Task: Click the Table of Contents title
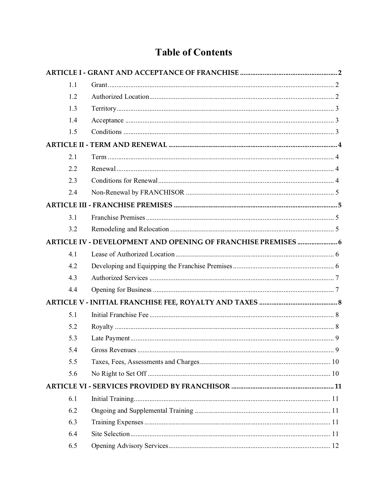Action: pyautogui.click(x=194, y=52)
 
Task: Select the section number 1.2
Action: pyautogui.click(x=73, y=97)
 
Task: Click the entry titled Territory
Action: pyautogui.click(x=104, y=108)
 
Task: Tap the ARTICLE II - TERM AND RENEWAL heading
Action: pyautogui.click(x=107, y=145)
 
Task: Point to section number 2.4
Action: pyautogui.click(x=73, y=192)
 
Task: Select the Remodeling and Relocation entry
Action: pyautogui.click(x=130, y=229)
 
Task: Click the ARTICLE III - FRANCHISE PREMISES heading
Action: pyautogui.click(x=109, y=205)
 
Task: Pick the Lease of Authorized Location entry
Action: pyautogui.click(x=133, y=254)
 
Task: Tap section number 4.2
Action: pyautogui.click(x=73, y=266)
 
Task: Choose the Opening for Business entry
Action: pyautogui.click(x=121, y=290)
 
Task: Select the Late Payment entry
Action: pyautogui.click(x=110, y=338)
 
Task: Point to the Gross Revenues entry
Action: pyautogui.click(x=114, y=350)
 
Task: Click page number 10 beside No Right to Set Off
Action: pyautogui.click(x=335, y=374)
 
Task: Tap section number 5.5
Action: pyautogui.click(x=73, y=362)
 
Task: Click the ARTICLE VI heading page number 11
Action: pyautogui.click(x=338, y=386)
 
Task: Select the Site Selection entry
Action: pyautogui.click(x=110, y=434)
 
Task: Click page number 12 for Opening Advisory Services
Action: pyautogui.click(x=335, y=446)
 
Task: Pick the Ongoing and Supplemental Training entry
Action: pyautogui.click(x=142, y=411)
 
